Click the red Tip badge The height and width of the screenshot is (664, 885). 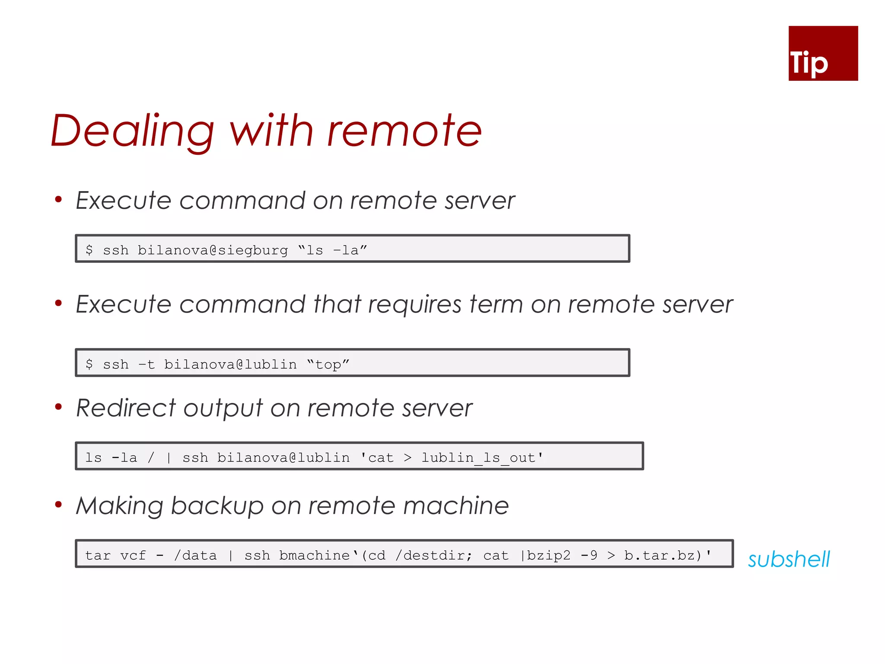[x=823, y=53]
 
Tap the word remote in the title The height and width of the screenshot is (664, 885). [x=404, y=131]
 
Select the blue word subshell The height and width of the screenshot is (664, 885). [x=789, y=559]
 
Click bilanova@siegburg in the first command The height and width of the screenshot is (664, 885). [x=213, y=250]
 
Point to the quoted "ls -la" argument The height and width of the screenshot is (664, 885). [x=333, y=250]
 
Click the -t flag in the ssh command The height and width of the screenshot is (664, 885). [x=146, y=364]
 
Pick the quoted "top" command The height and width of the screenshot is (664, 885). [x=328, y=364]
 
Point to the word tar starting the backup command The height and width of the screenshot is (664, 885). [x=98, y=555]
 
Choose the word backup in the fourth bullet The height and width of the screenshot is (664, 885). [x=217, y=506]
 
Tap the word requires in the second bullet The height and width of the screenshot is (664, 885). [x=415, y=304]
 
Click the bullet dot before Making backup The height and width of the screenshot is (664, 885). [x=58, y=504]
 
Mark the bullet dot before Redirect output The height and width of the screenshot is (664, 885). [x=58, y=406]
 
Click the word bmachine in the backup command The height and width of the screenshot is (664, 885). [x=314, y=555]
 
